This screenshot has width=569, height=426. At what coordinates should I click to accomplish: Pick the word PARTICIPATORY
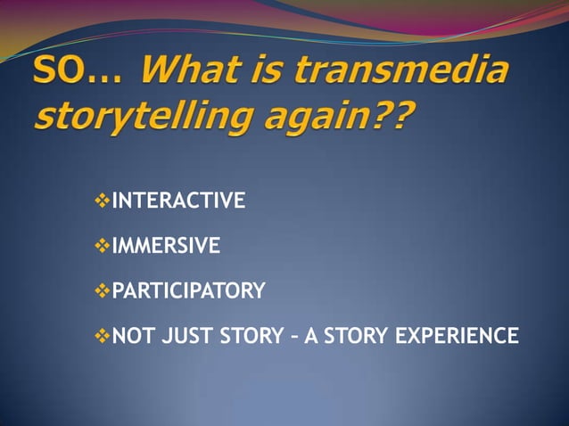pyautogui.click(x=188, y=291)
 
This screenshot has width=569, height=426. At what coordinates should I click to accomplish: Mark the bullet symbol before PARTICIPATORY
pyautogui.click(x=101, y=291)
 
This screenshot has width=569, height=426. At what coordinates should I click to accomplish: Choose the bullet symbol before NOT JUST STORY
pyautogui.click(x=101, y=336)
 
